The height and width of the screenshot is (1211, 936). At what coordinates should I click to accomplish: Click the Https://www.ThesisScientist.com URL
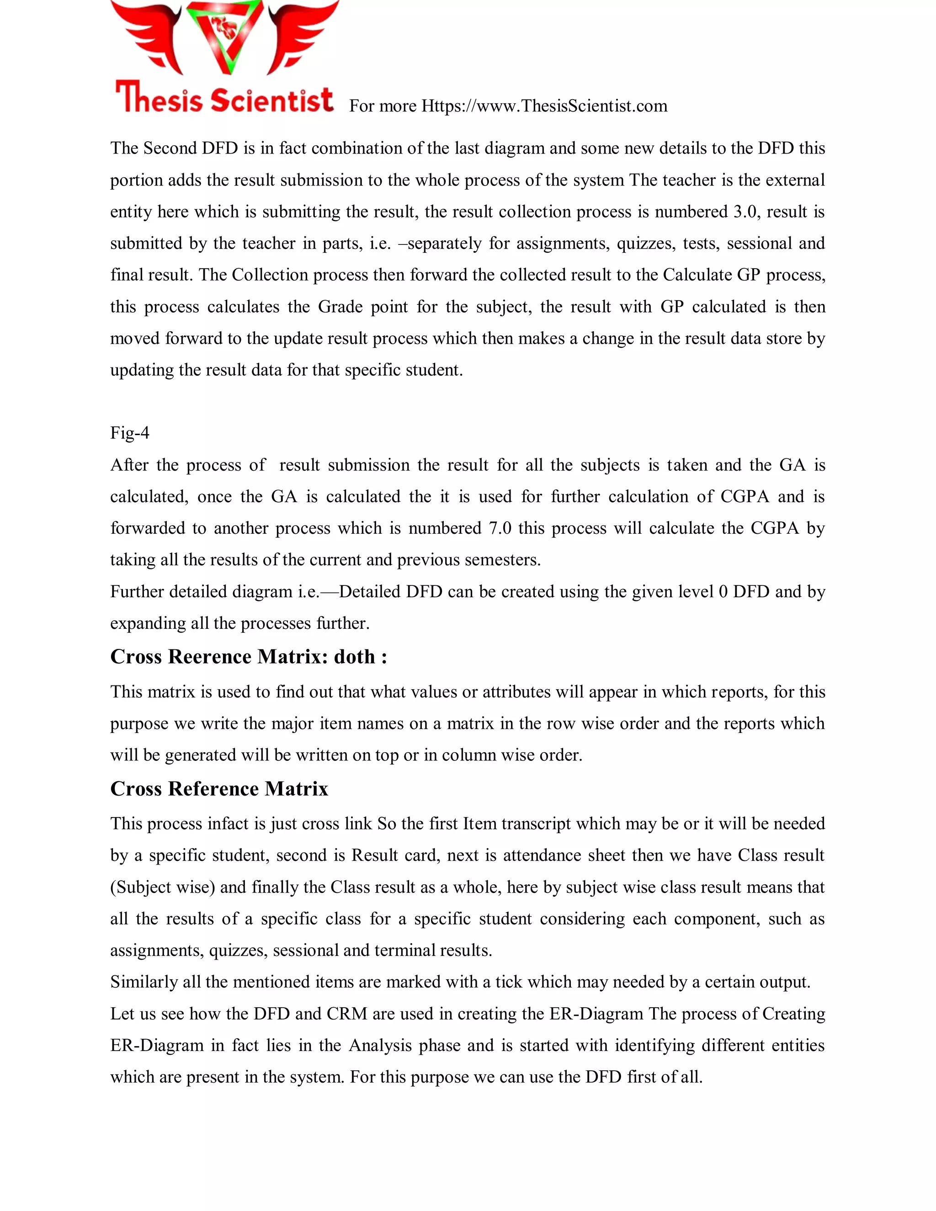coord(544,106)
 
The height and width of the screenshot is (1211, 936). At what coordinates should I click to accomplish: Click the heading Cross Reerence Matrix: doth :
coord(249,657)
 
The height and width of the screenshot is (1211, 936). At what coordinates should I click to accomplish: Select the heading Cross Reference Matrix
coord(219,788)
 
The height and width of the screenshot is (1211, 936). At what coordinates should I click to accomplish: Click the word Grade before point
coord(340,307)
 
